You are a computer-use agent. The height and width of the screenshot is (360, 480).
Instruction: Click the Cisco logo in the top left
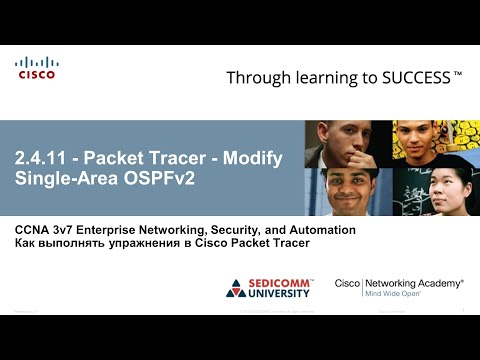click(36, 67)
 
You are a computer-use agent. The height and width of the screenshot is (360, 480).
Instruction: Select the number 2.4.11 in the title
click(41, 159)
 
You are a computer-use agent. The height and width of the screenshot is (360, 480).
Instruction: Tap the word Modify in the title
click(255, 159)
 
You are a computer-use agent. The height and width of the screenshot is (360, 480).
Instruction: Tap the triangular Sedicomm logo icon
click(236, 289)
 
